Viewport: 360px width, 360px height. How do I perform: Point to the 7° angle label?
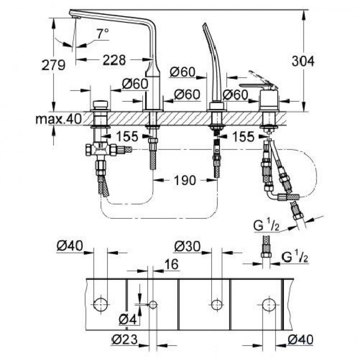[102, 33]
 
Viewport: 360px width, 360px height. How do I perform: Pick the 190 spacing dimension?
[184, 180]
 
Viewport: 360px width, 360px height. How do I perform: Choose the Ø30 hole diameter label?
[187, 247]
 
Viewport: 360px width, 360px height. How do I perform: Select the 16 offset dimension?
[171, 265]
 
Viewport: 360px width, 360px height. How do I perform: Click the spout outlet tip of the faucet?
[75, 16]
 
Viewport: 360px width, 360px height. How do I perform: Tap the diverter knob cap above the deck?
[101, 105]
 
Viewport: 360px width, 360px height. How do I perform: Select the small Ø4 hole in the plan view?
[153, 305]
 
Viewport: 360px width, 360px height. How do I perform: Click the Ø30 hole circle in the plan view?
[216, 305]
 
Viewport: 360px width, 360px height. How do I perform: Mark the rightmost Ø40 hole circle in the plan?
[270, 305]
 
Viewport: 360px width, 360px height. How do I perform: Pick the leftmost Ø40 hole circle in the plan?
[101, 305]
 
